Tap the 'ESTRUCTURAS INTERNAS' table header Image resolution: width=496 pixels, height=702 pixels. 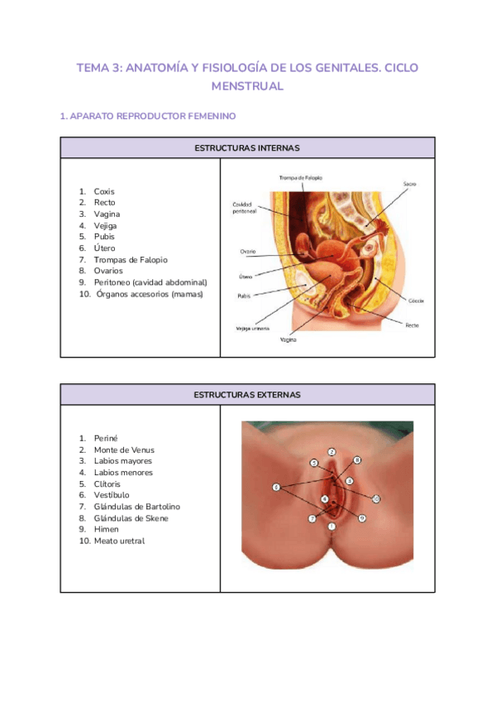tap(246, 147)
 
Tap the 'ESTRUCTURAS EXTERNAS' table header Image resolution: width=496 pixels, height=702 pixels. tap(246, 395)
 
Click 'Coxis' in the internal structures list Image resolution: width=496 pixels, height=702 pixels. tap(104, 191)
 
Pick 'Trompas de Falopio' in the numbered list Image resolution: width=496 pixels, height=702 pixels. tap(131, 259)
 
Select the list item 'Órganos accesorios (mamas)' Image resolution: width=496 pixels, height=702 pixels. tap(149, 293)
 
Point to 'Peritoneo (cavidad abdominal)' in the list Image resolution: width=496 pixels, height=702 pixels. tap(150, 281)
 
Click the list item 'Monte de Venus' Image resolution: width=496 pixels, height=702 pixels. tap(124, 450)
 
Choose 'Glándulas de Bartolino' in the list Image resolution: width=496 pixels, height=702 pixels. tap(136, 506)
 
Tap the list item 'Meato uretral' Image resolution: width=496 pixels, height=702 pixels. tap(119, 541)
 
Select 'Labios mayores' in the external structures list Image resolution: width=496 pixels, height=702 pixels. tap(122, 461)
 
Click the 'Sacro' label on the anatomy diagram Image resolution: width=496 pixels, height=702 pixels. tap(410, 183)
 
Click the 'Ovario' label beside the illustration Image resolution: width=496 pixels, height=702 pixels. tap(247, 251)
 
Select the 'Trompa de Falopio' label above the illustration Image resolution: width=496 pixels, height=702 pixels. tap(301, 177)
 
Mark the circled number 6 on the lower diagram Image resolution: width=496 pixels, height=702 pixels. tap(276, 487)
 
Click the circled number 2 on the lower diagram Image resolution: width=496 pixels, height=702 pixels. tap(331, 452)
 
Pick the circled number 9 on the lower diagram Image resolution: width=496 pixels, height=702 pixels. tap(362, 518)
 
